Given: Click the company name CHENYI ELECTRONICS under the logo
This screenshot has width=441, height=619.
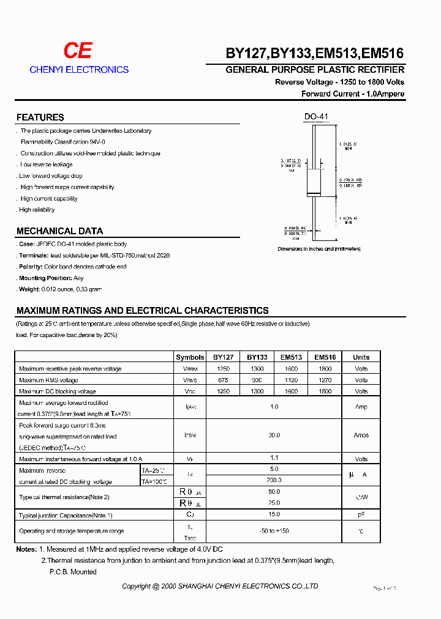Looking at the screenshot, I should pos(79,70).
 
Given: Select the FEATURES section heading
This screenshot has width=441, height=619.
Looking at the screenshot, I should pos(40,117).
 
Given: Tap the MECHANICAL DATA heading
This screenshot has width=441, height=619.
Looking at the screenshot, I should pos(59,231).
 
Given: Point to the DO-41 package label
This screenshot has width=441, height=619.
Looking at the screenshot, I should pos(316,117).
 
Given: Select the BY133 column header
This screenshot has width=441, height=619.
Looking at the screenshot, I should pos(257,357).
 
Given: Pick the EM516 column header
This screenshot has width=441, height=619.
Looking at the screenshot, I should pos(325,357).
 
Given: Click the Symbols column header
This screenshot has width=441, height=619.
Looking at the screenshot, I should pos(190,357).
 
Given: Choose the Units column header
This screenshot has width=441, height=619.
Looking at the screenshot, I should pos(361,357).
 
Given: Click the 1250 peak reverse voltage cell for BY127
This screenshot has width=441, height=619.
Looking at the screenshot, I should pos(223,369).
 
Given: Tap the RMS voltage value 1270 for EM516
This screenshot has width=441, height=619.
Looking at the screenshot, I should pos(325,380).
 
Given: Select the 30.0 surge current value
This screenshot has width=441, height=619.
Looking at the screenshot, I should pos(274,435).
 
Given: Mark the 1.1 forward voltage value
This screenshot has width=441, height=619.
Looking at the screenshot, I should pos(274,459).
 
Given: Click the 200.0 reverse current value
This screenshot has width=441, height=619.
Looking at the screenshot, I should pos(274,481).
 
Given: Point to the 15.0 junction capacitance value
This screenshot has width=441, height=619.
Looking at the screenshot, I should pos(274,515).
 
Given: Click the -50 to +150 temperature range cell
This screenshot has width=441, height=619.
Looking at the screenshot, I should pos(274,531).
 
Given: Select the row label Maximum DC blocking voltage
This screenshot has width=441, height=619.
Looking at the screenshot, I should pos(58,391).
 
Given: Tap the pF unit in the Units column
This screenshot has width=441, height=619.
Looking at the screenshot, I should pos(361,516).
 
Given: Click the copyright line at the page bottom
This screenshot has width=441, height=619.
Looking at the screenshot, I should pos(220,586).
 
